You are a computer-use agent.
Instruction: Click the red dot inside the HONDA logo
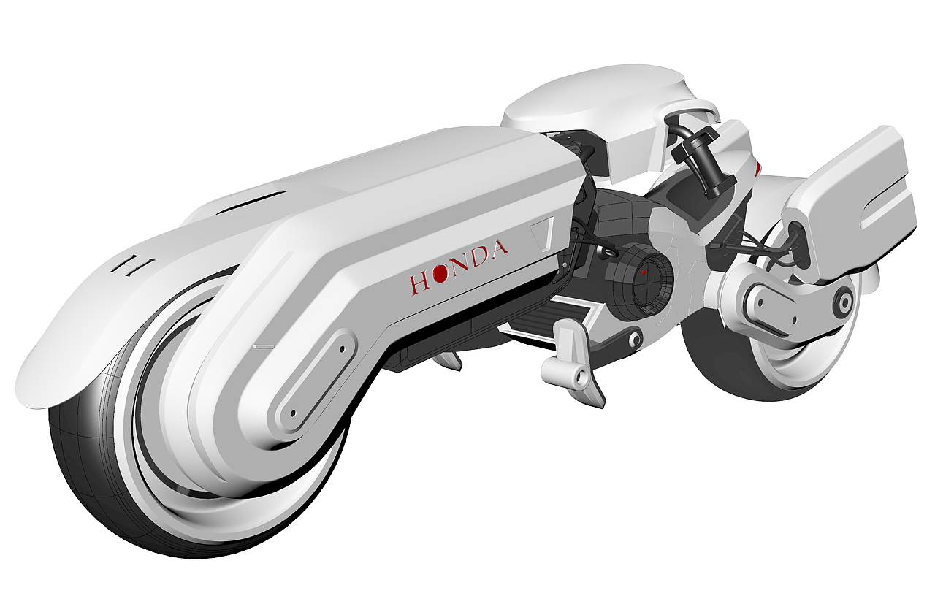[440, 273]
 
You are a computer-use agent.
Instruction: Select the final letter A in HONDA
[498, 249]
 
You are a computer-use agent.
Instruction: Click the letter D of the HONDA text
[479, 256]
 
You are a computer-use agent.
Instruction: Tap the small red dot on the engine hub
[644, 272]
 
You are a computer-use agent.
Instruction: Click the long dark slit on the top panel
[252, 200]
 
